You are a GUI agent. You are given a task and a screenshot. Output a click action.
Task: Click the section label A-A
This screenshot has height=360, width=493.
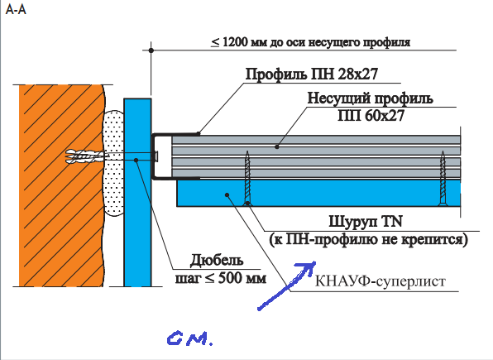(16, 9)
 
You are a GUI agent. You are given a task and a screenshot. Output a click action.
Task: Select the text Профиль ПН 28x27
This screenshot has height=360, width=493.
(312, 74)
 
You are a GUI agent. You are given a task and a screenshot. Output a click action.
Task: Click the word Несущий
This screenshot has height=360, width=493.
(338, 98)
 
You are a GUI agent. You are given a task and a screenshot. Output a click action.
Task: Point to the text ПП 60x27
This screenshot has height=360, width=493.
(371, 116)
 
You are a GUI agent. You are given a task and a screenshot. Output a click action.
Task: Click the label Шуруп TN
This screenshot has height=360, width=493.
(366, 221)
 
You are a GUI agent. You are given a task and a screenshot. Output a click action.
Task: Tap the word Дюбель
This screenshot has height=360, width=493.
(217, 260)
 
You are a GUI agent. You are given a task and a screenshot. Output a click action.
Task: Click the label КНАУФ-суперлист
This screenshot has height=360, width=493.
(381, 281)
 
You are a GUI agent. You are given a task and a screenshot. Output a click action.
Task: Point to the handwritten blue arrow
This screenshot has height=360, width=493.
(287, 286)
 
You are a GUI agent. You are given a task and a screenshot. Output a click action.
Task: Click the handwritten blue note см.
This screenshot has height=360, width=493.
(190, 338)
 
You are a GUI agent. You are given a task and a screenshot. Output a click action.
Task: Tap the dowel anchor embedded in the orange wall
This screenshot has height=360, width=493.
(84, 156)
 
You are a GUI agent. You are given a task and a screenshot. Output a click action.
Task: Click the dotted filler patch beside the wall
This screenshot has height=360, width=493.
(113, 163)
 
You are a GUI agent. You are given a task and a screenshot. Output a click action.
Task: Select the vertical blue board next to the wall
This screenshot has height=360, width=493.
(137, 192)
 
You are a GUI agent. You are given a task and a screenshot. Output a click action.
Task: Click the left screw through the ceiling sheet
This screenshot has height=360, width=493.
(248, 178)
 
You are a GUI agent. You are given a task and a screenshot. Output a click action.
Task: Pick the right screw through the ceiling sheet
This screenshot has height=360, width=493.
(443, 178)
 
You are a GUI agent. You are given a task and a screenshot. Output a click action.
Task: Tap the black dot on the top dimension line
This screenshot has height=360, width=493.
(151, 50)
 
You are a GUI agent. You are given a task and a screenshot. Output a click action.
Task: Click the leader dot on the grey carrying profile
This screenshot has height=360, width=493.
(277, 146)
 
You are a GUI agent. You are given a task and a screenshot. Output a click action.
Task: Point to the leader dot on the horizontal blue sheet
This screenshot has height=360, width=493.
(227, 195)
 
